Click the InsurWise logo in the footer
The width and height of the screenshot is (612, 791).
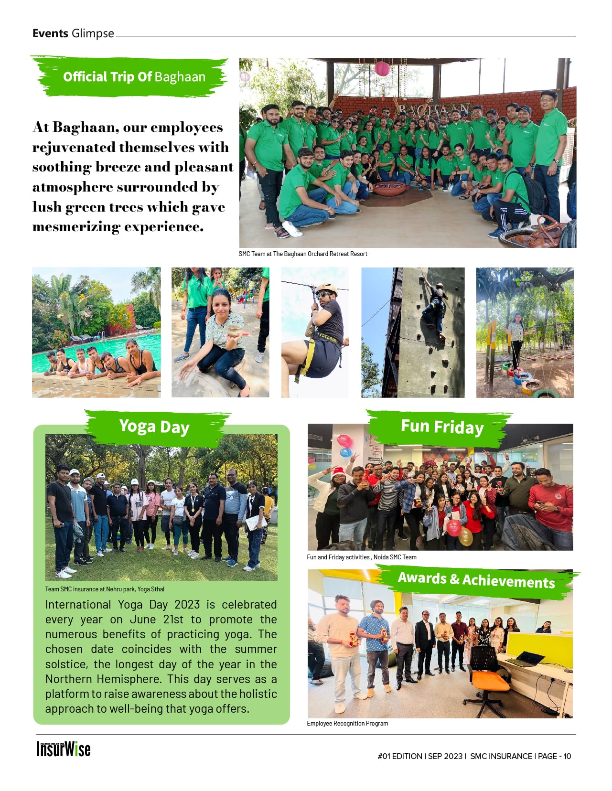pyautogui.click(x=64, y=749)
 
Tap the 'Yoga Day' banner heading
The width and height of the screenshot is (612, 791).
pyautogui.click(x=154, y=426)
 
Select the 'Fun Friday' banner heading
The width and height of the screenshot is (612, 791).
pyautogui.click(x=442, y=426)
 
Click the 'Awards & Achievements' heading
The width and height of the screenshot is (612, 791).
pyautogui.click(x=476, y=579)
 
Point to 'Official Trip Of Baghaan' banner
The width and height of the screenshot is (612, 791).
pyautogui.click(x=134, y=77)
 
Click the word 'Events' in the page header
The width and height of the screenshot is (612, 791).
pyautogui.click(x=50, y=33)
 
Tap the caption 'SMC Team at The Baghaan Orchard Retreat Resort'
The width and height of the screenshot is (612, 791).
pyautogui.click(x=303, y=254)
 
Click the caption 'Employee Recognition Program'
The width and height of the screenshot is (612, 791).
pyautogui.click(x=347, y=723)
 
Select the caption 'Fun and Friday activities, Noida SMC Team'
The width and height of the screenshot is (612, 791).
pyautogui.click(x=362, y=557)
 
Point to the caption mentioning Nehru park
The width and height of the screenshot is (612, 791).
pyautogui.click(x=105, y=589)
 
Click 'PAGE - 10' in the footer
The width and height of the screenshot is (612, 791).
pyautogui.click(x=554, y=756)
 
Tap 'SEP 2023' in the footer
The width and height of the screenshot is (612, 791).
pyautogui.click(x=445, y=756)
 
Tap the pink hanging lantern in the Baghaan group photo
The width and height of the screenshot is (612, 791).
pyautogui.click(x=382, y=68)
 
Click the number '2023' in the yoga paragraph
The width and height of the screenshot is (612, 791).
pyautogui.click(x=187, y=604)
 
